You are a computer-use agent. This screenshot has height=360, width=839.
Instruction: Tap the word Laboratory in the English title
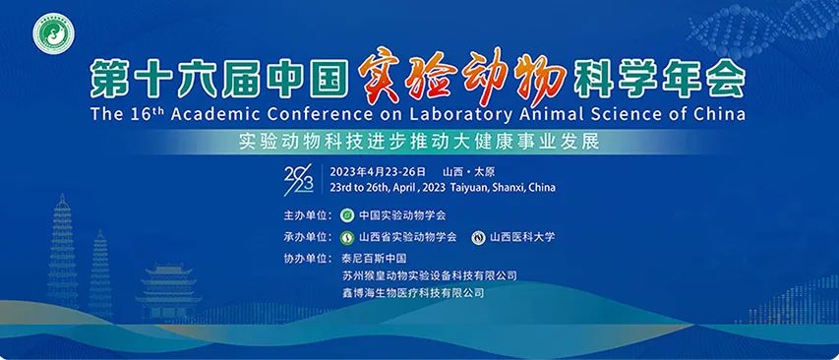[467, 113]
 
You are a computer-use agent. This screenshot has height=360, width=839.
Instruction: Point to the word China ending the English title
[717, 113]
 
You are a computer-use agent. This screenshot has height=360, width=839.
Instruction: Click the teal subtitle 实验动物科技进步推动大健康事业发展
[418, 140]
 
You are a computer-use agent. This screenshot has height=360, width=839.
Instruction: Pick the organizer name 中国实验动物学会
[402, 214]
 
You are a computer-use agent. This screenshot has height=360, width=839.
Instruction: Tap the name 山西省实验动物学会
[407, 237]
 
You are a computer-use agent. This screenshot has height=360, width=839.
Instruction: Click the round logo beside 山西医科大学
[479, 237]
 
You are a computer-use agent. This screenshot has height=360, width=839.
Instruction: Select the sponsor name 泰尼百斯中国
[367, 259]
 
